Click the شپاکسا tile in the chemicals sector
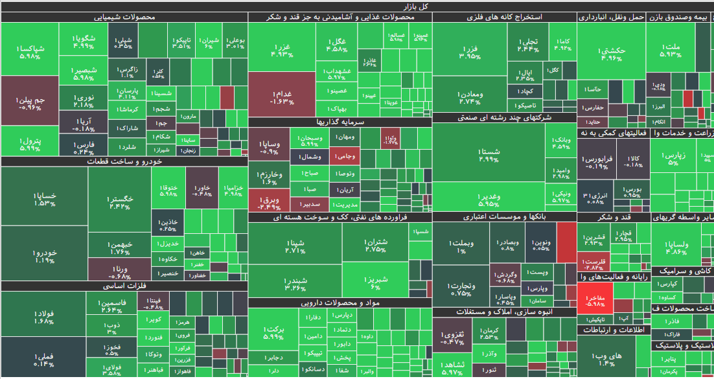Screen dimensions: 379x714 point(29,52)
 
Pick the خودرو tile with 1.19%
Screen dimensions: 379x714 point(44,256)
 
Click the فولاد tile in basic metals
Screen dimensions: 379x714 point(43,317)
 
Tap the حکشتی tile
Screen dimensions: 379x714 point(611,54)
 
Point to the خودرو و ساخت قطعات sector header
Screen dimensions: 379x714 point(124,162)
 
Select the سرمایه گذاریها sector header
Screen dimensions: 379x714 point(340,122)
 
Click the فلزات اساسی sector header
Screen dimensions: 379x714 point(124,286)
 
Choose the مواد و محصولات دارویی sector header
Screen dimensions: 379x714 point(340,303)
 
